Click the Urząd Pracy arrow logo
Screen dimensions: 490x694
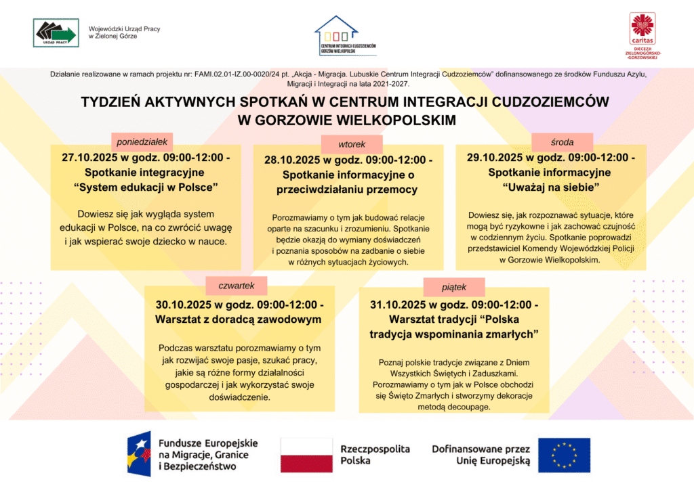[56, 32]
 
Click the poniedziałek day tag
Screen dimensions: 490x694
[142, 141]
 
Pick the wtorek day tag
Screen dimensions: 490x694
[352, 144]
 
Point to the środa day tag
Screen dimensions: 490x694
[563, 142]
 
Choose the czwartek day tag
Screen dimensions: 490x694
[236, 285]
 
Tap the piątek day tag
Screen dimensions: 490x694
[454, 287]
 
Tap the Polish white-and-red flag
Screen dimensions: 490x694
[306, 455]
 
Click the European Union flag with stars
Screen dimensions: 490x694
[564, 455]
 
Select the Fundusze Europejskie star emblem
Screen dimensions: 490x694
[138, 453]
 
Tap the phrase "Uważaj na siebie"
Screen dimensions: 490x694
[551, 186]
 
